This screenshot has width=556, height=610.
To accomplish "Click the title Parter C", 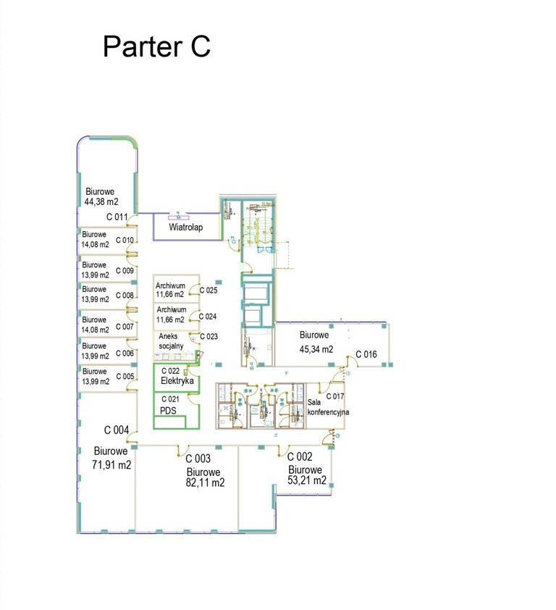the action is [x=156, y=46].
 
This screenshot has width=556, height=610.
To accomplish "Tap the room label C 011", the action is [x=117, y=217].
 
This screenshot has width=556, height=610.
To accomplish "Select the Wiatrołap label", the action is [x=186, y=227].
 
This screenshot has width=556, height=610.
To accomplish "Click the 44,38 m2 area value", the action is [x=101, y=201].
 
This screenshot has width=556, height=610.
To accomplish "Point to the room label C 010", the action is [x=125, y=240].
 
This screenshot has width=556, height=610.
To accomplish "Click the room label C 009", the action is [x=125, y=270].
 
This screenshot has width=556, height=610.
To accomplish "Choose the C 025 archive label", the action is [x=208, y=290].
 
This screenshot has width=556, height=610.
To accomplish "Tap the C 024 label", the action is [x=208, y=317].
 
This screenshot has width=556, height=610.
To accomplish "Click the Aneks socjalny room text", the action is [x=171, y=340].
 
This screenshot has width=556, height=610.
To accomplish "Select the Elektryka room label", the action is [x=177, y=380].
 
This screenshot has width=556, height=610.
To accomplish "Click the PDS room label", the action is [x=168, y=411].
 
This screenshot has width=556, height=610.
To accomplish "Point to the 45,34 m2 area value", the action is [x=316, y=349].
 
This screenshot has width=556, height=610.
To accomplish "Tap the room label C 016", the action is [x=366, y=354].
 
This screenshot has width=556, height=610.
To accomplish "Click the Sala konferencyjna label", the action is [x=328, y=407].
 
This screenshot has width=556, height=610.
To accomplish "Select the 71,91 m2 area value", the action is [x=111, y=464].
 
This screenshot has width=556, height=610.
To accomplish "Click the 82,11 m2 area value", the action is [x=206, y=482].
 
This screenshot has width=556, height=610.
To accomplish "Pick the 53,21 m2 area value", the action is [x=307, y=480].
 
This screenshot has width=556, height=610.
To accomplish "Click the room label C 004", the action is [x=117, y=430].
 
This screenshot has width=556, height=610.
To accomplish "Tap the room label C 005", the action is [x=125, y=376].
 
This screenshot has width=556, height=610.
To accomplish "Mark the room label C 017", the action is [x=335, y=396].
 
